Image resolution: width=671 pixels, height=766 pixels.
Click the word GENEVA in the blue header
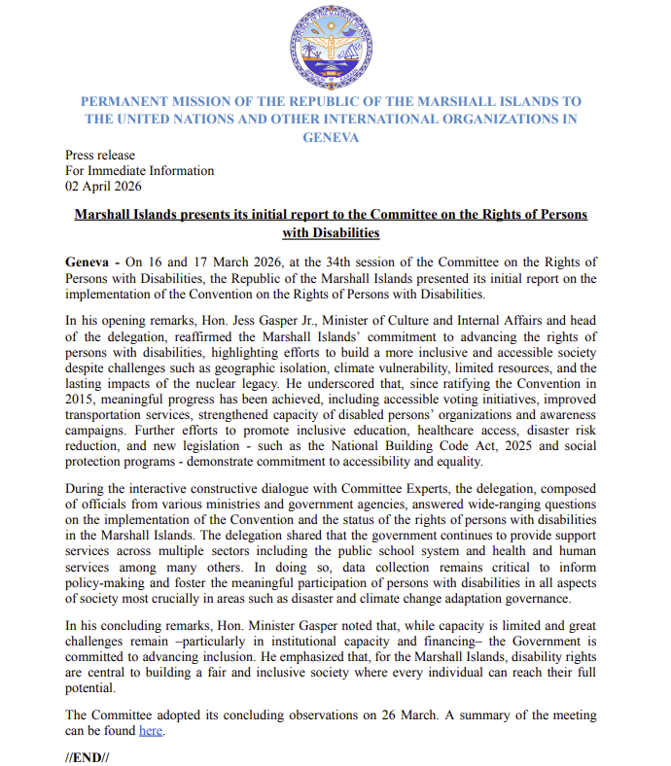point(331,137)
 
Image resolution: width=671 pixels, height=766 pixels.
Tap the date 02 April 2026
point(103,187)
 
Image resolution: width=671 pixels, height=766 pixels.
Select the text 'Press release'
point(100,156)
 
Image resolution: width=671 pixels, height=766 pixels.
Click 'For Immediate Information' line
point(139,171)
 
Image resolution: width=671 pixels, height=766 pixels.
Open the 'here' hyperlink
point(151,730)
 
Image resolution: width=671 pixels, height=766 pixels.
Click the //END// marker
point(87,756)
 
